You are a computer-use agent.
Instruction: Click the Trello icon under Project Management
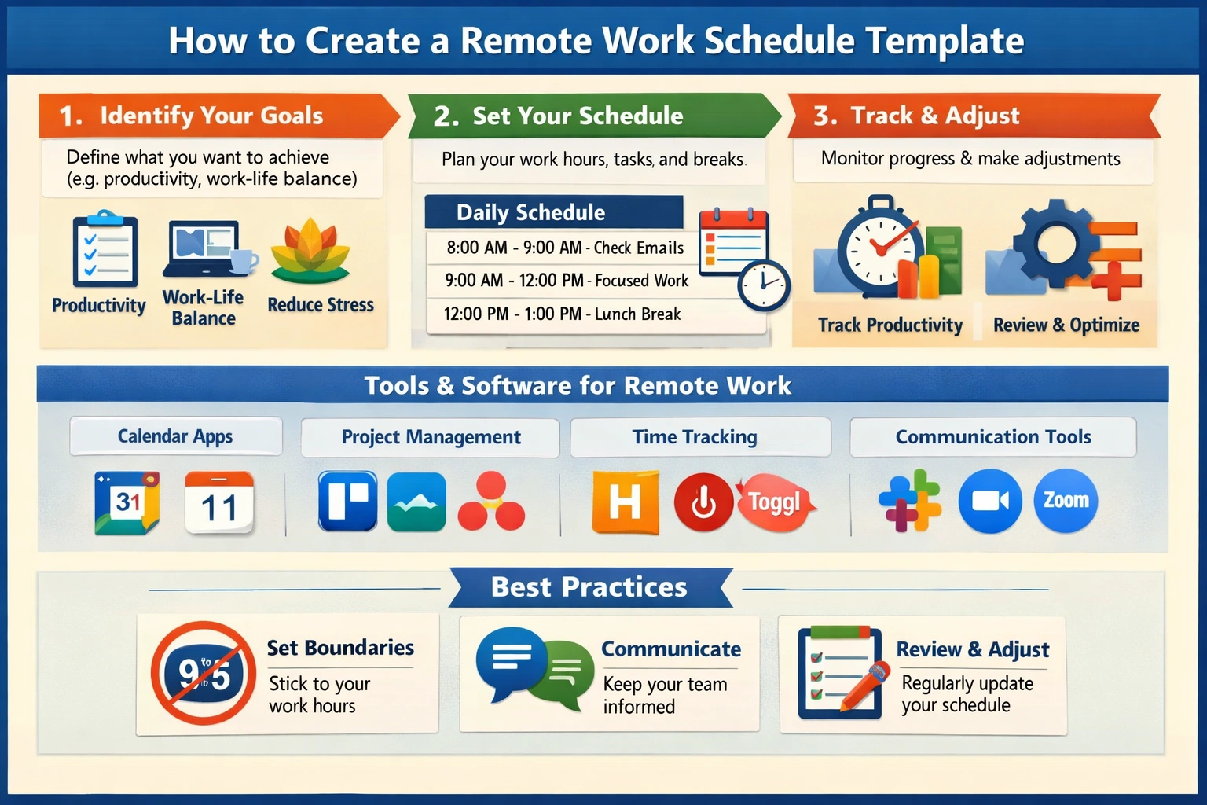pyautogui.click(x=347, y=501)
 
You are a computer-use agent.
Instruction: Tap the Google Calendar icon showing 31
pyautogui.click(x=127, y=502)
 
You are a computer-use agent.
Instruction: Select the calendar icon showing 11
pyautogui.click(x=218, y=502)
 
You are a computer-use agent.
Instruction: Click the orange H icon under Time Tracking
pyautogui.click(x=625, y=502)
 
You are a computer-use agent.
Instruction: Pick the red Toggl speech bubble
pyautogui.click(x=776, y=502)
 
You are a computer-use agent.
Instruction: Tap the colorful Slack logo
pyautogui.click(x=910, y=500)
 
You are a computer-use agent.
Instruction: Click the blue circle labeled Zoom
pyautogui.click(x=1066, y=500)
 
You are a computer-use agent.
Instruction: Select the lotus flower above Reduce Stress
pyautogui.click(x=310, y=250)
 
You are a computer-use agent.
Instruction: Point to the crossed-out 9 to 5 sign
pyautogui.click(x=204, y=672)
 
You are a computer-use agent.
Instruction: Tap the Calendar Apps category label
pyautogui.click(x=176, y=436)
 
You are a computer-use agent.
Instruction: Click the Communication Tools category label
pyautogui.click(x=993, y=436)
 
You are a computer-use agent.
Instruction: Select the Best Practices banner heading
pyautogui.click(x=589, y=586)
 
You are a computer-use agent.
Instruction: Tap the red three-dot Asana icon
pyautogui.click(x=491, y=501)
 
